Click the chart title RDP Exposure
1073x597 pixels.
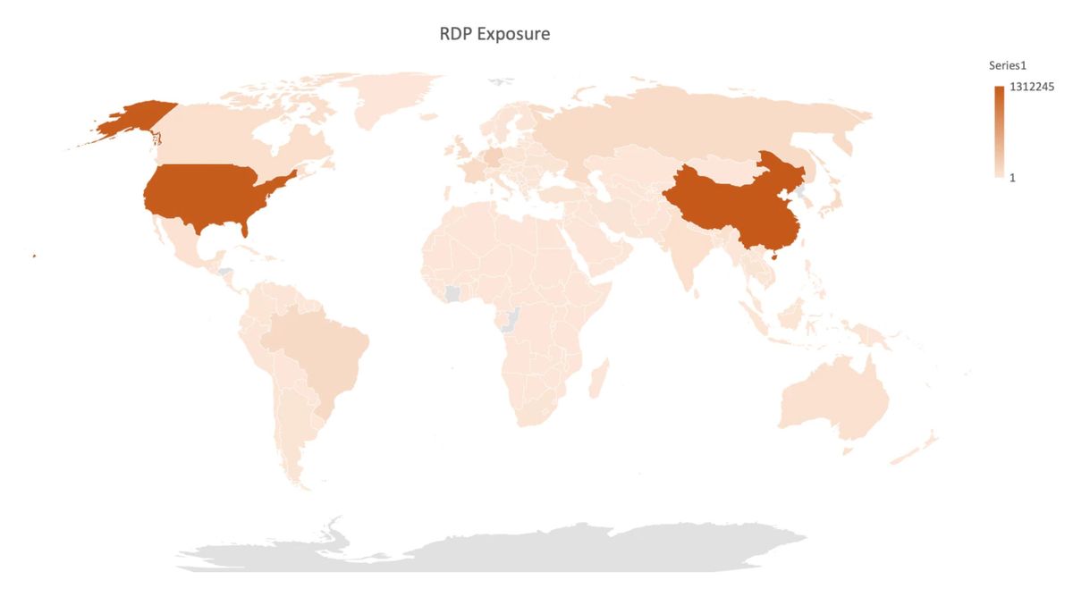(x=494, y=35)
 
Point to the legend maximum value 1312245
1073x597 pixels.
(x=1029, y=88)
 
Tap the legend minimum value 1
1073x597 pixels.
(x=1011, y=178)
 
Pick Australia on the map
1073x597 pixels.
(x=832, y=402)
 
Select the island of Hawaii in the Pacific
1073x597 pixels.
(x=34, y=256)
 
